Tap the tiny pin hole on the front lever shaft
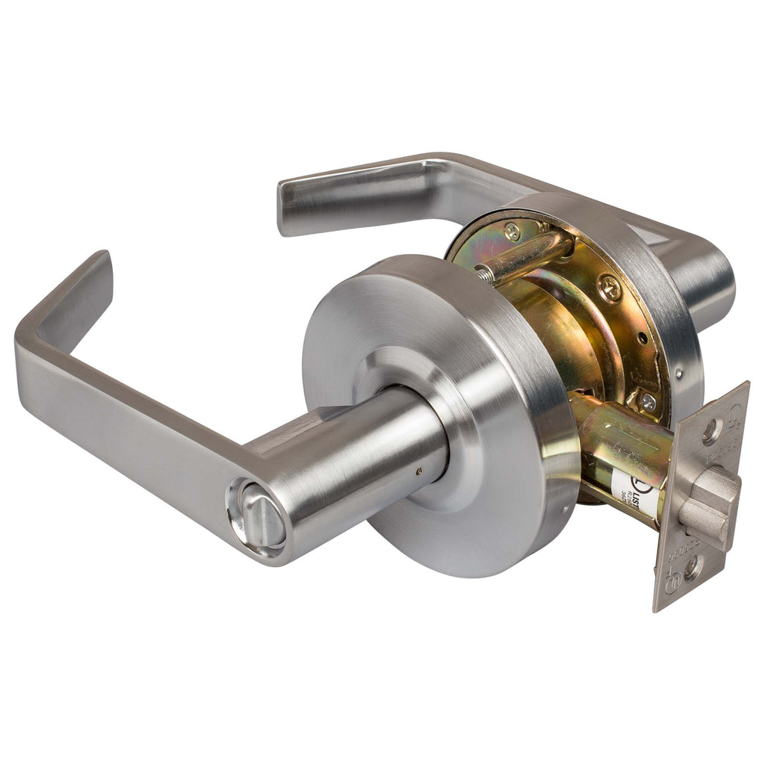[418, 471]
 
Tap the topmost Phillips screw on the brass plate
[512, 232]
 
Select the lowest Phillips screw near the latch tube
[646, 402]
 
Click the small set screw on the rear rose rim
[678, 372]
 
